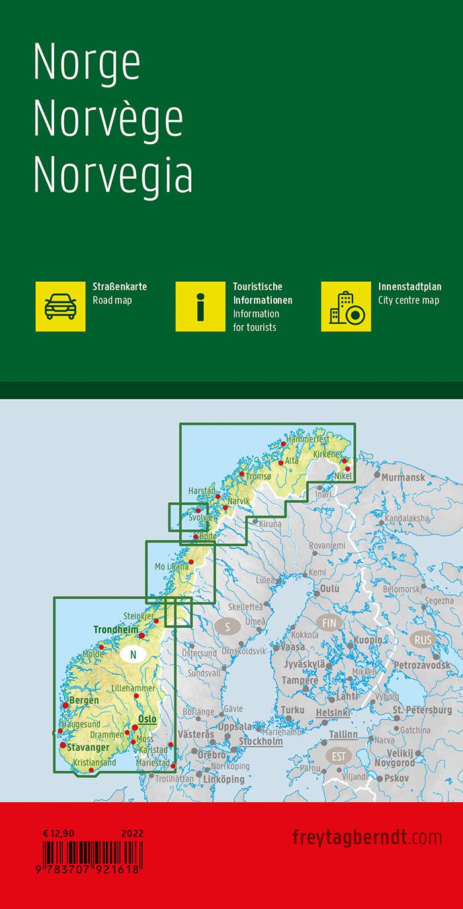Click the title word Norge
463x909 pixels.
(87, 64)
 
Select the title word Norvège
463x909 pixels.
(108, 120)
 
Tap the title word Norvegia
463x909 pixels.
(112, 175)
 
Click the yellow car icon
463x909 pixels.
(60, 306)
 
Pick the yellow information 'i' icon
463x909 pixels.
(200, 306)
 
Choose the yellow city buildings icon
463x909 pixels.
(346, 306)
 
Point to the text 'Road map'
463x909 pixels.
(112, 300)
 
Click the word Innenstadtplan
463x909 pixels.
(409, 287)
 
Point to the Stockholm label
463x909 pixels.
(261, 741)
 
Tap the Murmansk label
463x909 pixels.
(403, 477)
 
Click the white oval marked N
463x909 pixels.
(134, 655)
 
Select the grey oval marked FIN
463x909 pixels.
(329, 623)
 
